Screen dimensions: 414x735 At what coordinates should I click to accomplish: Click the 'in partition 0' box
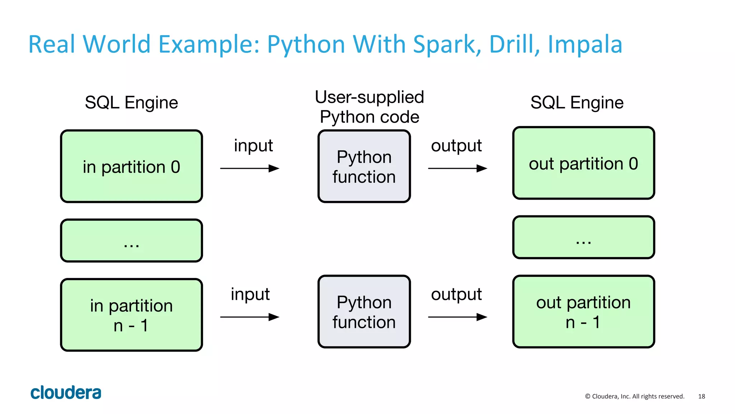pos(131,167)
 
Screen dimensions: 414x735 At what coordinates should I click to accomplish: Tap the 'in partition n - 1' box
pos(131,315)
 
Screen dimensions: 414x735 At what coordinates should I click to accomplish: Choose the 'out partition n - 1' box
pos(584,312)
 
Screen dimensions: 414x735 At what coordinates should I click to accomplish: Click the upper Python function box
pos(364,167)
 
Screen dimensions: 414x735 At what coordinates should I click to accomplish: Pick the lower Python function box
pos(364,312)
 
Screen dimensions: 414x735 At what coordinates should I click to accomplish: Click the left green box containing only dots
pos(131,241)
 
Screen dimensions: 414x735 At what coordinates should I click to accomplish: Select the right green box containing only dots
pos(584,237)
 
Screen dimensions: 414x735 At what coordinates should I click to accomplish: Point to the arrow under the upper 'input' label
pos(249,168)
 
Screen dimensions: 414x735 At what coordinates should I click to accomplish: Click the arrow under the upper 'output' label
pos(457,168)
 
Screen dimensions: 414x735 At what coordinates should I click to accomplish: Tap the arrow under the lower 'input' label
pos(249,317)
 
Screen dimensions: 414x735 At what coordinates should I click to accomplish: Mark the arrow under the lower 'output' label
pos(457,317)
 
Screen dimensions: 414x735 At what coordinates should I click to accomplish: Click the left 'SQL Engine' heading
pos(131,103)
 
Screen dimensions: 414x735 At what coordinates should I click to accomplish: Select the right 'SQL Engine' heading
pos(577,103)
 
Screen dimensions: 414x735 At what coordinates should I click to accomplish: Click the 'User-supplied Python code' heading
pos(369,107)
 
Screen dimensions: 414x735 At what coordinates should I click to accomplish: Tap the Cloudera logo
pos(66,393)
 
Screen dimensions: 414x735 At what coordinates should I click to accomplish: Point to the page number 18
pos(701,396)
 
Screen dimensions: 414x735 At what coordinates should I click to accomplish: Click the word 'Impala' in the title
pos(585,45)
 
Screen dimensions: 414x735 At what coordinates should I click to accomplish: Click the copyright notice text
pos(635,396)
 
